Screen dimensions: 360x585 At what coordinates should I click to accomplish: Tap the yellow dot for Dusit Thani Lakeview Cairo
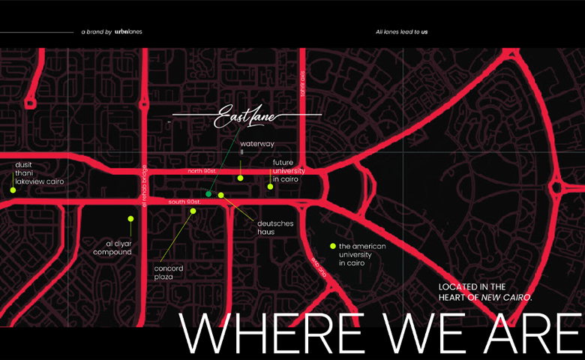(x=13, y=190)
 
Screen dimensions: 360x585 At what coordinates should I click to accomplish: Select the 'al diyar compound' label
(x=112, y=247)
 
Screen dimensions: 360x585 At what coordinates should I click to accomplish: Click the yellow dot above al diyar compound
(x=130, y=219)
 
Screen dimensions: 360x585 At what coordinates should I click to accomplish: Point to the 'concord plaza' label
(x=169, y=272)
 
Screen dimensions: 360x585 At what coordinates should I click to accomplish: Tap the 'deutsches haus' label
(x=275, y=227)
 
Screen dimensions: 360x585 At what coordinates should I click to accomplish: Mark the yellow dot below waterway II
(x=241, y=178)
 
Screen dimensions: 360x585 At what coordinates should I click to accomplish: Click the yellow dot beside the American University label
(x=332, y=246)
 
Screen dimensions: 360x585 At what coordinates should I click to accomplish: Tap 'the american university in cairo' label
(x=362, y=255)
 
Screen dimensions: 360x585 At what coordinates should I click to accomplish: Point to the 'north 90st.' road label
(x=202, y=172)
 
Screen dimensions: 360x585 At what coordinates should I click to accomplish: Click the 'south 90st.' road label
(x=184, y=202)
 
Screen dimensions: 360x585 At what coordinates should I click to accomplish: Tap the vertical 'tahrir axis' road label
(x=303, y=84)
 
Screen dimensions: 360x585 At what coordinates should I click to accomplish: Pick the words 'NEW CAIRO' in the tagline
(x=506, y=298)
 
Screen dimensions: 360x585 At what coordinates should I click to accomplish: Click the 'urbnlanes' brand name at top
(x=128, y=32)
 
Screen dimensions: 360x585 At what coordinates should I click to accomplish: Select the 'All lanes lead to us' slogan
(x=401, y=32)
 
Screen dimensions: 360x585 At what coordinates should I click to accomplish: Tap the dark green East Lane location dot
(x=208, y=194)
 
